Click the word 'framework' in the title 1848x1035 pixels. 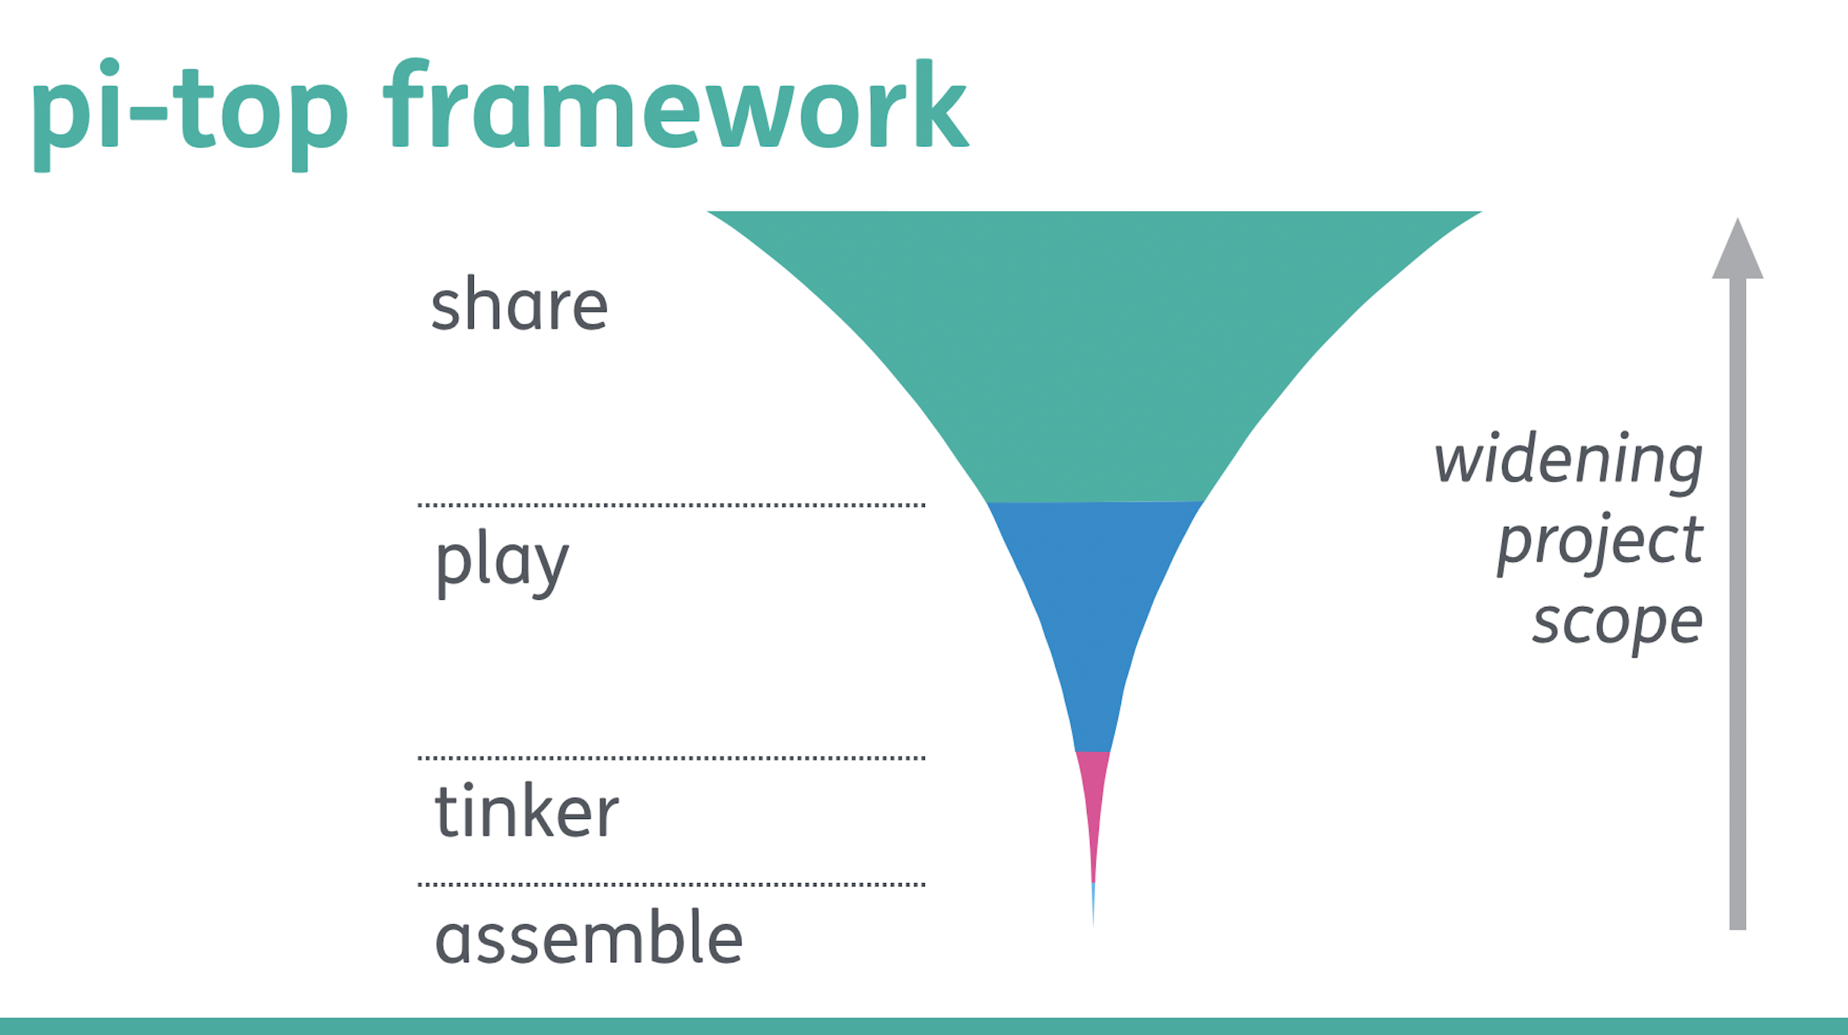676,104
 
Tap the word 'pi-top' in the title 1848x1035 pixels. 190,115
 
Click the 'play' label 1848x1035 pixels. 502,563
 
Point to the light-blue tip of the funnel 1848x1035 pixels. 1093,902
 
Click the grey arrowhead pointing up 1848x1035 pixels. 1737,252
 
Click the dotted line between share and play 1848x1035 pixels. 672,504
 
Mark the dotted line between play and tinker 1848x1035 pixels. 672,757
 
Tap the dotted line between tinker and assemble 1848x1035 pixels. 672,884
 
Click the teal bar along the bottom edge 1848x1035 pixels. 924,1026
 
